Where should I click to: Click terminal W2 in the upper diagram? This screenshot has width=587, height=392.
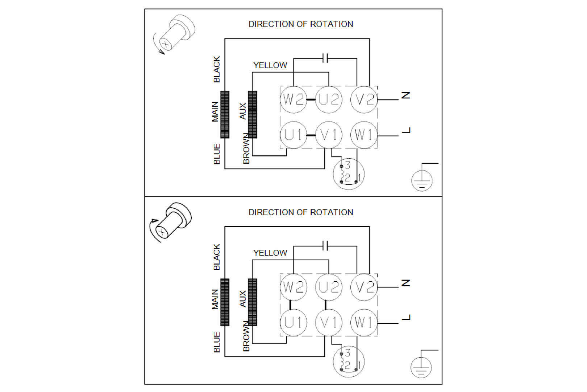[x=293, y=99]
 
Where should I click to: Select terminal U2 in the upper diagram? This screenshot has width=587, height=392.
[x=329, y=99]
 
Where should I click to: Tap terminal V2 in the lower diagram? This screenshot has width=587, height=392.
[x=364, y=287]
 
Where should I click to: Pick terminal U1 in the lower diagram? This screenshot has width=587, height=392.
[x=293, y=322]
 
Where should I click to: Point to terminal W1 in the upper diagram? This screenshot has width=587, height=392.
[x=364, y=135]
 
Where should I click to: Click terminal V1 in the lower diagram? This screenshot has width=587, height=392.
[x=329, y=322]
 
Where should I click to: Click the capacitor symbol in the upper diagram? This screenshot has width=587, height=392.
[x=325, y=58]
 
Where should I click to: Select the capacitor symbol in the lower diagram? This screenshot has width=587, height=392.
[x=325, y=246]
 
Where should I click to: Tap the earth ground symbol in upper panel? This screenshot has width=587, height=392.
[x=422, y=180]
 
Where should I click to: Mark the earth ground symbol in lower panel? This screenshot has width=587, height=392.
[x=421, y=367]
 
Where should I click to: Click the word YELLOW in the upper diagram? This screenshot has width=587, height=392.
[x=270, y=65]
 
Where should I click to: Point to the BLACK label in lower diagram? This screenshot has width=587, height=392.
[x=217, y=257]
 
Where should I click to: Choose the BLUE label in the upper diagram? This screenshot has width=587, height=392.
[x=217, y=154]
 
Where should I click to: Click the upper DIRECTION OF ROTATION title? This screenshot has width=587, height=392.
[x=301, y=24]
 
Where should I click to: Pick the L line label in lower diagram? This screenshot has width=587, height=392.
[x=406, y=318]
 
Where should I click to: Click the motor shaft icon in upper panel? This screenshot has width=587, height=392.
[x=175, y=34]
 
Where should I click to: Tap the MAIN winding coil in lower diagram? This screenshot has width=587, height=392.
[x=225, y=302]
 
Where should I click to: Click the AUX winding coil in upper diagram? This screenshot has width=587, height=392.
[x=252, y=114]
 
